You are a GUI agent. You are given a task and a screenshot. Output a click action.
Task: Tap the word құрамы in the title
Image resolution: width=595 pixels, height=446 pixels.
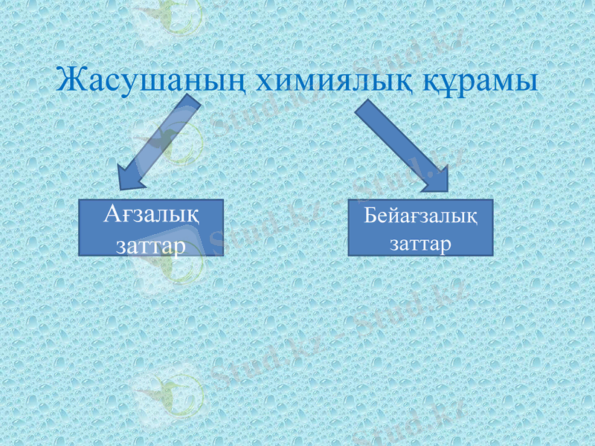click(476, 80)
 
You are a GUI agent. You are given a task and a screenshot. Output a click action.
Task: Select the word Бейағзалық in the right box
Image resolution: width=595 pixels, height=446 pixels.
click(420, 217)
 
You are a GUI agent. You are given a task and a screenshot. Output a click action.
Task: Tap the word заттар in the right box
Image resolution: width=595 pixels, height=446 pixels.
click(420, 244)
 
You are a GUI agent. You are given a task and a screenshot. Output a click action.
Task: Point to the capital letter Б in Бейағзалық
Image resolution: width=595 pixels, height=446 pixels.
click(370, 216)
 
